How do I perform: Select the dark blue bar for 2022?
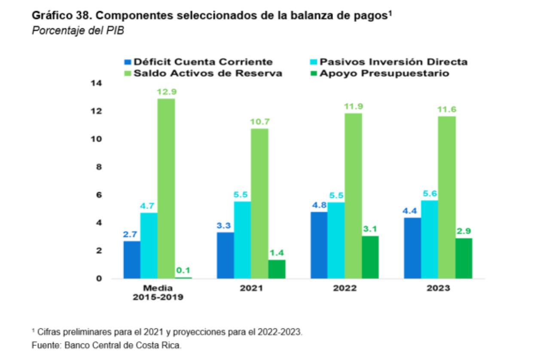pos(319,245)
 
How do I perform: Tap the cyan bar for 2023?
pos(429,239)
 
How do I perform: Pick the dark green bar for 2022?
pos(370,257)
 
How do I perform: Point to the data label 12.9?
pos(166,92)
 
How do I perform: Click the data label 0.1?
pos(183,270)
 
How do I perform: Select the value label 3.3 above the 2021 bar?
pos(226,225)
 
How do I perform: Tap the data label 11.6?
pos(446,110)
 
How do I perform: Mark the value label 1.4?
pos(277,253)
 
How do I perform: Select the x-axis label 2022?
pos(345,288)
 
